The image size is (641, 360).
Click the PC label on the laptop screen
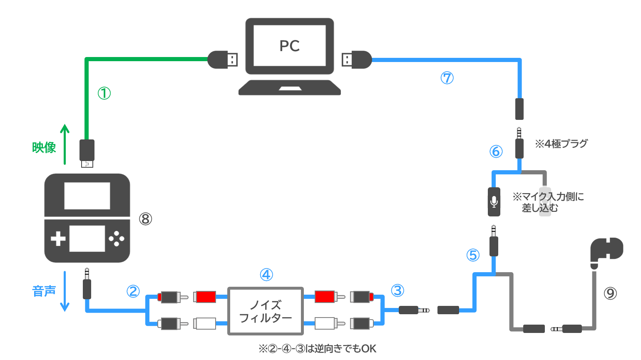289,46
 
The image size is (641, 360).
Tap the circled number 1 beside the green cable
104,93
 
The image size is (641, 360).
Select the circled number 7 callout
447,78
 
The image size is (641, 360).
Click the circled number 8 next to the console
145,218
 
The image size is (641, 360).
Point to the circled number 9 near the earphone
610,293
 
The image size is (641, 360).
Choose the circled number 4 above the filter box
266,275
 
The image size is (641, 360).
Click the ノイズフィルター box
266,311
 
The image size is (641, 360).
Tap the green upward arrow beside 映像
65,144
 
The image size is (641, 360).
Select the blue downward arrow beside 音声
65,291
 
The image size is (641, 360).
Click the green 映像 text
44,147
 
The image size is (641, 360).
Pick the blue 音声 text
44,291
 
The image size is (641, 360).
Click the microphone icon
494,202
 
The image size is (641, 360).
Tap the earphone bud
607,249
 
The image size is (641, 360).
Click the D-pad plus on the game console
58,239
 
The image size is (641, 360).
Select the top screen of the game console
87,196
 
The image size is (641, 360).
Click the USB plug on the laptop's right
357,60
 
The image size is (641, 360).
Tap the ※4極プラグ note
561,144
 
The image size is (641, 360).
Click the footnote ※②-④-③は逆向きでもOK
317,348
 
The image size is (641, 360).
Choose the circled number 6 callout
496,151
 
